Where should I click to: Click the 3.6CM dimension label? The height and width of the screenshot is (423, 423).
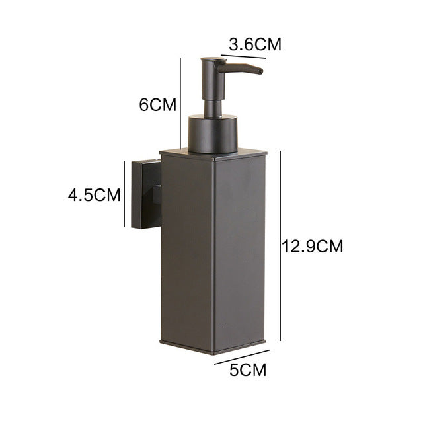pos(254,45)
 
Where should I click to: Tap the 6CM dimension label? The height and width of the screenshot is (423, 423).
pos(158,104)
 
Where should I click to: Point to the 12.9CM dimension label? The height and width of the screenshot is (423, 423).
pos(313,247)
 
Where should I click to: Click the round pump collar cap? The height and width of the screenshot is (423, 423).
pos(213,132)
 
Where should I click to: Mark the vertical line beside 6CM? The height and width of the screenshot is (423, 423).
pos(180,102)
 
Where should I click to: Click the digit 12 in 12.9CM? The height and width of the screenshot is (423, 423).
pos(289,247)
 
